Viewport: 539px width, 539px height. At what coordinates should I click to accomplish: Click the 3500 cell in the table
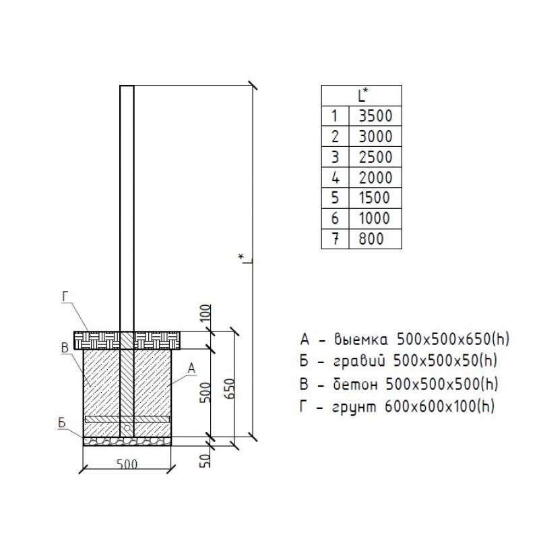[375, 116]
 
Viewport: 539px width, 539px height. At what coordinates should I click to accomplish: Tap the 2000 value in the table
[375, 178]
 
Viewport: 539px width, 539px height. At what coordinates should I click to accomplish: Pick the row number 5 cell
[335, 198]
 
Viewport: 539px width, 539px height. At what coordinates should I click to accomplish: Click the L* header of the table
[362, 95]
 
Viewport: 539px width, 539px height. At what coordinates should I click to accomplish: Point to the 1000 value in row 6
[375, 218]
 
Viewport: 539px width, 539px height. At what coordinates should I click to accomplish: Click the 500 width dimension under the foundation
[127, 464]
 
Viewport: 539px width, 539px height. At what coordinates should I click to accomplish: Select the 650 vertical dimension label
[230, 389]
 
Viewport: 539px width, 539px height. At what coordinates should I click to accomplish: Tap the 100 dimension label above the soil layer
[205, 313]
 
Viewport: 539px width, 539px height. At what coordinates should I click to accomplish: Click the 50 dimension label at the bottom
[205, 461]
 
